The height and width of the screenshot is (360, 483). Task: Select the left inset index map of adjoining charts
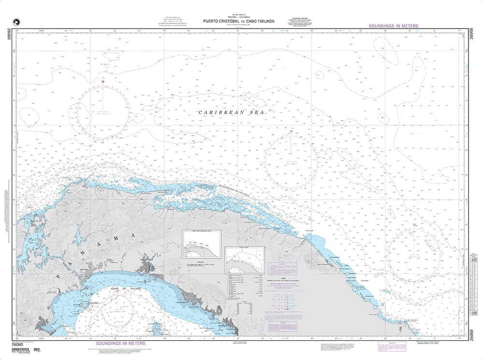coord(201,245)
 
